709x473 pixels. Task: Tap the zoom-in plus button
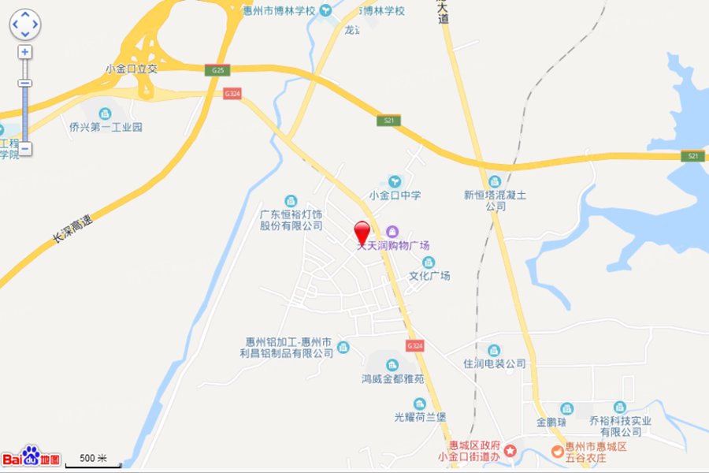25,52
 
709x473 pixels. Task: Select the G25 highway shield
218,70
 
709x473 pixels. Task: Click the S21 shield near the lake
692,156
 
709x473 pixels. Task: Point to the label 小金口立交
132,69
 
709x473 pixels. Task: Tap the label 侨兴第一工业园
106,127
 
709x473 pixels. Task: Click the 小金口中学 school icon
395,181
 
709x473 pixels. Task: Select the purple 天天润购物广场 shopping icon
392,230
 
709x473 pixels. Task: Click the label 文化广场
429,276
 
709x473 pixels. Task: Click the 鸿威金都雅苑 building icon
392,364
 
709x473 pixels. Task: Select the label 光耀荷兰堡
420,417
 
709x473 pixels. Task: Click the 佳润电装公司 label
494,364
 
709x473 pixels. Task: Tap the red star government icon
510,451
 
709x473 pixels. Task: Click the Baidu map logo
31,456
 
